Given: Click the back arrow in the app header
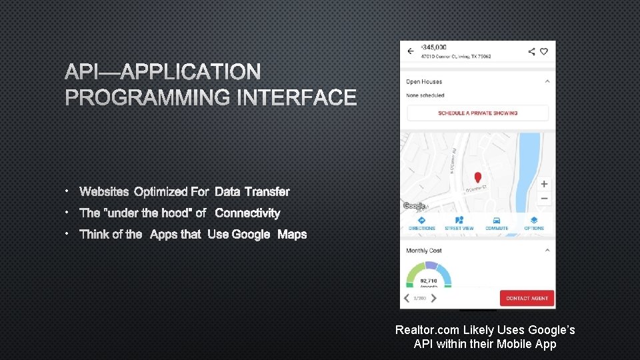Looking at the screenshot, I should coord(410,51).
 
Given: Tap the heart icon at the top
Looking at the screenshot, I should coord(544,51).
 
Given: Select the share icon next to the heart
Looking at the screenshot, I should coord(531,51).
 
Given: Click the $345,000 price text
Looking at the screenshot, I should coord(435,47).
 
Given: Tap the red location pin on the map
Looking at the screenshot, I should coord(477,178).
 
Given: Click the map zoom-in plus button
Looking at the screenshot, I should coord(544,184).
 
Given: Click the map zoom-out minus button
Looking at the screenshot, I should coord(544,199).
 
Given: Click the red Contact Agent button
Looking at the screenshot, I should coord(527,298).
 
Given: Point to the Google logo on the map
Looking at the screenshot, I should coord(413,207).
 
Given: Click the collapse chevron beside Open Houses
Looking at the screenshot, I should coord(547,81).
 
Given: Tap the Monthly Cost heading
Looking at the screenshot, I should coord(424,251).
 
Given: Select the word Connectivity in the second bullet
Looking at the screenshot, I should coord(247,213).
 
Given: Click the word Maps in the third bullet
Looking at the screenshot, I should coord(292,234).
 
